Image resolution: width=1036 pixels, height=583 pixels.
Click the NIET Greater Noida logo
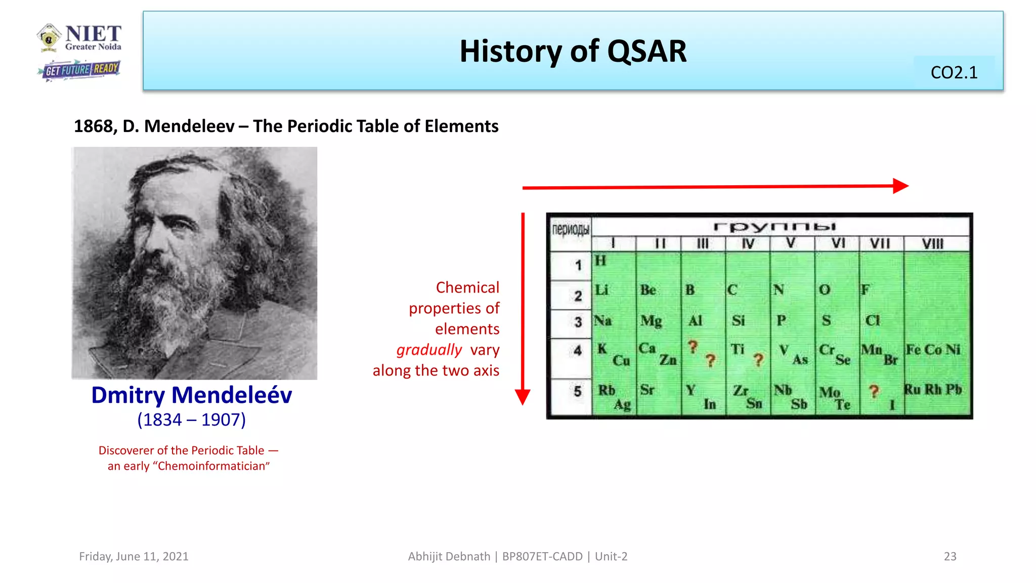[79, 38]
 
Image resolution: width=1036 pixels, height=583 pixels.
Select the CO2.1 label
[954, 73]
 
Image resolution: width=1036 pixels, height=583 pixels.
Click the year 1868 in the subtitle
[94, 126]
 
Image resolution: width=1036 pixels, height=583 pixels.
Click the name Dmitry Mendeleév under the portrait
[191, 395]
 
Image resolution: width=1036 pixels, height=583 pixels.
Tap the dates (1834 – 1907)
[191, 420]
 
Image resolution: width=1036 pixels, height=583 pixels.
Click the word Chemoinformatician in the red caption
[213, 466]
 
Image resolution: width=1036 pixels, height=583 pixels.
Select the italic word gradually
[429, 350]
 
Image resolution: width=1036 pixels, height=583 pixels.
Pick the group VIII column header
[932, 244]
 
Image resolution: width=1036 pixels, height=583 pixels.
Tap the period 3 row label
[578, 322]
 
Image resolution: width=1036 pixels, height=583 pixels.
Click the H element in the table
[600, 261]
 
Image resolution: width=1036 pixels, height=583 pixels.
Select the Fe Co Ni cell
[933, 350]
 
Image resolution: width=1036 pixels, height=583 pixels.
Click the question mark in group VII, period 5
[874, 391]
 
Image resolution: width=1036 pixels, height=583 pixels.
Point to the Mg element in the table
[651, 321]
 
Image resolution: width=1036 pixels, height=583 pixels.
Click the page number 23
[950, 557]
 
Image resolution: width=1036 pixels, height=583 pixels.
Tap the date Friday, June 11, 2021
[134, 557]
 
